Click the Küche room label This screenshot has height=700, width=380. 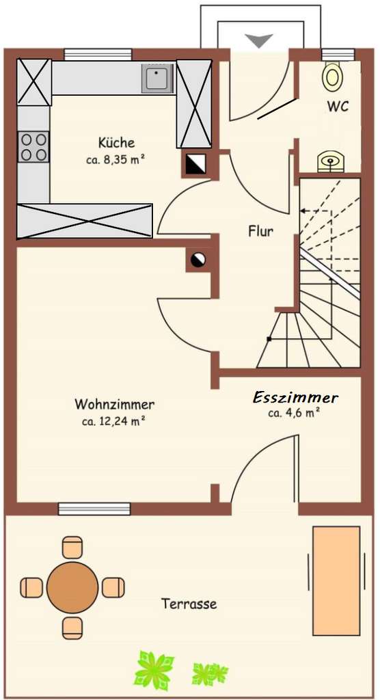click(x=116, y=143)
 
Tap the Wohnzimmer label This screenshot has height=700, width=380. click(x=114, y=404)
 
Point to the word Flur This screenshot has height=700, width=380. click(x=260, y=231)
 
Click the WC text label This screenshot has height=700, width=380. click(x=337, y=107)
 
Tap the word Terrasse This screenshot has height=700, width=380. click(x=189, y=604)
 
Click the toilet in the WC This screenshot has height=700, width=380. click(x=332, y=76)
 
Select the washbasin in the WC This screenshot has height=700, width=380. click(x=331, y=162)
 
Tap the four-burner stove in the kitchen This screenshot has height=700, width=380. click(x=33, y=146)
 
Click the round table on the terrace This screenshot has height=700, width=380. click(x=72, y=587)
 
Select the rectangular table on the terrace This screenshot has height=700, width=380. click(x=336, y=580)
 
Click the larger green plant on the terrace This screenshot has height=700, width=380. click(x=154, y=669)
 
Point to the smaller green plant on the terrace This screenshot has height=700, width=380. click(x=209, y=673)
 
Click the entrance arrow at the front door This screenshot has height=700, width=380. click(x=260, y=40)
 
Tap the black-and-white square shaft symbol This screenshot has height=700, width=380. click(x=195, y=164)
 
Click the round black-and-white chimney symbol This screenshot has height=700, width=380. click(x=198, y=259)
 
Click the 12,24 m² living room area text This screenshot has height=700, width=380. click(x=114, y=421)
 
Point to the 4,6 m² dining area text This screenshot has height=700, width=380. click(x=295, y=413)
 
